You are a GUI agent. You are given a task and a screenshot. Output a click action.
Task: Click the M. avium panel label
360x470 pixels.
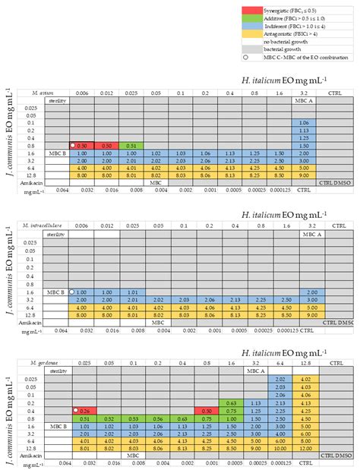click(x=32, y=91)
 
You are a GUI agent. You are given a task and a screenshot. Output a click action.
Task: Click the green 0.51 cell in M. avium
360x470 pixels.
click(x=131, y=145)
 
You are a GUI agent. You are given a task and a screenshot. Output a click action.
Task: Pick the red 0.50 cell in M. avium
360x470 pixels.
click(x=107, y=145)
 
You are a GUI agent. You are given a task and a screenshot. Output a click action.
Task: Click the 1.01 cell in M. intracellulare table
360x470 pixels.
click(x=131, y=292)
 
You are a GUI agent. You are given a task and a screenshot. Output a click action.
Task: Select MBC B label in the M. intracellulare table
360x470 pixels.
click(x=55, y=292)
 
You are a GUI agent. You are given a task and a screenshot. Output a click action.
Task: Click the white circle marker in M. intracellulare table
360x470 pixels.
click(x=72, y=292)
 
